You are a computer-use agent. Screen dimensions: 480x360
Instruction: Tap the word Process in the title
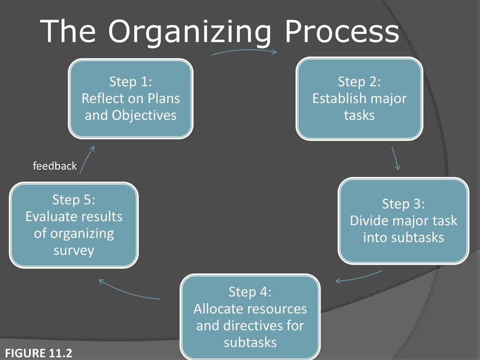pos(342,31)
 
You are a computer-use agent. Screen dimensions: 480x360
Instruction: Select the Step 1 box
pos(131,98)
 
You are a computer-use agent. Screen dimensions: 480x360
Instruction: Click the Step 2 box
pos(360,98)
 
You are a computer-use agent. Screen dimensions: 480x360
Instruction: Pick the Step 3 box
pos(404,221)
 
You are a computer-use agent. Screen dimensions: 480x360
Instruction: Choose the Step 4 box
pos(250,317)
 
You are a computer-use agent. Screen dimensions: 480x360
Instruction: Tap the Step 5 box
pos(74,225)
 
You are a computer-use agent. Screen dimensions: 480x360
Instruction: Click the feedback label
pos(55,165)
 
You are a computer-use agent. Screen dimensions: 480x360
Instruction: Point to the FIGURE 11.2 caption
pos(38,353)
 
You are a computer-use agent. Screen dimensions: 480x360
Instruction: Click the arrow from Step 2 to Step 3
pos(395,158)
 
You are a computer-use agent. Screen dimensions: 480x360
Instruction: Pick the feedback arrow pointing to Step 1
pos(86,159)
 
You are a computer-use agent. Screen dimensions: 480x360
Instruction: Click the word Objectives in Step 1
pos(144,116)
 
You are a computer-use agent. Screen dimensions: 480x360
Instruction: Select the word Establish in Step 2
pos(339,98)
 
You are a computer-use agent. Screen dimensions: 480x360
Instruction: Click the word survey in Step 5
pos(74,251)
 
